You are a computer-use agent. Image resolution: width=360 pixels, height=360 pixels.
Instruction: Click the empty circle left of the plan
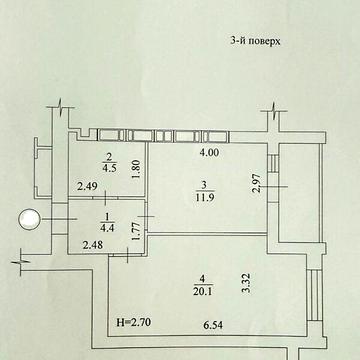pyautogui.click(x=31, y=219)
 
